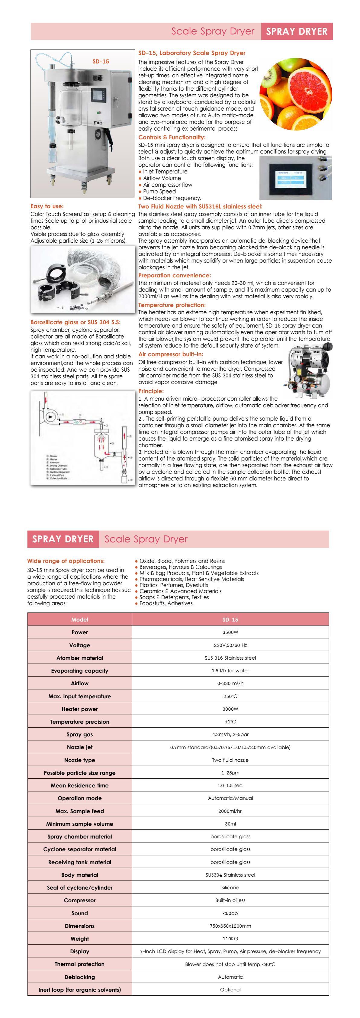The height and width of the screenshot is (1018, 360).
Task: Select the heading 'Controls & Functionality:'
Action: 172,137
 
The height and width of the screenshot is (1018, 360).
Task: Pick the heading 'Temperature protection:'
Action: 172,305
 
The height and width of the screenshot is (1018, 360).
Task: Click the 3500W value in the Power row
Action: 230,632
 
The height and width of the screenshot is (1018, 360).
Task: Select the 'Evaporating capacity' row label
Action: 79,671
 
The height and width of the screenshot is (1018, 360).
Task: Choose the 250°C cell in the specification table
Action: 230,696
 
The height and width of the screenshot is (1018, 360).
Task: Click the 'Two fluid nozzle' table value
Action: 230,760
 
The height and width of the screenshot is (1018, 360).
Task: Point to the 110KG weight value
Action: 230,939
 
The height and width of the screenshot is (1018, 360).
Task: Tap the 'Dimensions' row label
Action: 79,926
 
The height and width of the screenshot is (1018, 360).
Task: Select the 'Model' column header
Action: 79,619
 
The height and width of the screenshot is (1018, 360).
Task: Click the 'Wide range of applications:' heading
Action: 66,561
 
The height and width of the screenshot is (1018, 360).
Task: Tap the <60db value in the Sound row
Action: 230,913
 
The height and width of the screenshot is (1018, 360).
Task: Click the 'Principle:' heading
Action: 151,391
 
